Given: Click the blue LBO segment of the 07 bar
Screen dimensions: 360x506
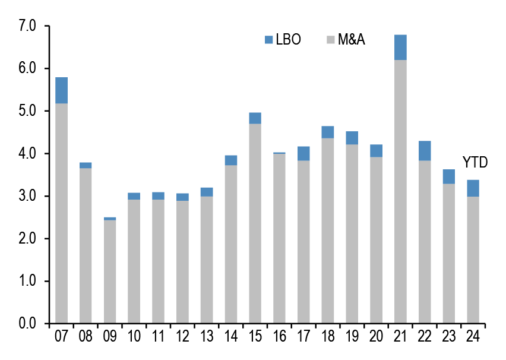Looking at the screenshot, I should pyautogui.click(x=61, y=90).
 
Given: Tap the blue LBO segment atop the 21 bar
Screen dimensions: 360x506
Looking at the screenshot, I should pyautogui.click(x=400, y=48).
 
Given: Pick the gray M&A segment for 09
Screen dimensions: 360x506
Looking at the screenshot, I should pyautogui.click(x=110, y=271).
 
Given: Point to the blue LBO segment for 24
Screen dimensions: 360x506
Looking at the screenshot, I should pyautogui.click(x=473, y=188).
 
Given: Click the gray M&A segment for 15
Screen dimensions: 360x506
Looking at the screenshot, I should pyautogui.click(x=255, y=223).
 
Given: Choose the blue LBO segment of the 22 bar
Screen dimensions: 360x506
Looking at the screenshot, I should pyautogui.click(x=425, y=151).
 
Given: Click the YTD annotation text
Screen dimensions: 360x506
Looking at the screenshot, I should pyautogui.click(x=475, y=162).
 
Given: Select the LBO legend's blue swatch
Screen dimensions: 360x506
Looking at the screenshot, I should pyautogui.click(x=268, y=40).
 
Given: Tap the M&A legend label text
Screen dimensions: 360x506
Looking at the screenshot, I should pyautogui.click(x=351, y=40).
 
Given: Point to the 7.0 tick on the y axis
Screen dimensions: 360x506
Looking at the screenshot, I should pyautogui.click(x=28, y=26).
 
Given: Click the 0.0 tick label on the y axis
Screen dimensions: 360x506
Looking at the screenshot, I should pyautogui.click(x=28, y=324).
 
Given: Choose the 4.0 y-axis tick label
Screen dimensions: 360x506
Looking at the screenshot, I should pyautogui.click(x=28, y=154).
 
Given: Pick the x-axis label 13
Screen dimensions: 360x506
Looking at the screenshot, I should pyautogui.click(x=207, y=336).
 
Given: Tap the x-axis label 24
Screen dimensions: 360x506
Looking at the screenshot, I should pyautogui.click(x=473, y=336).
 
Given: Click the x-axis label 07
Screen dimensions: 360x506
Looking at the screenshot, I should pyautogui.click(x=61, y=336).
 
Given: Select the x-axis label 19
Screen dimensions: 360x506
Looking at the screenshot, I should pyautogui.click(x=352, y=336).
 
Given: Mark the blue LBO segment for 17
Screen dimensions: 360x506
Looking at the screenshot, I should pyautogui.click(x=303, y=153).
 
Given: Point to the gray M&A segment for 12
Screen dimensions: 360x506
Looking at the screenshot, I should pyautogui.click(x=182, y=262).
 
